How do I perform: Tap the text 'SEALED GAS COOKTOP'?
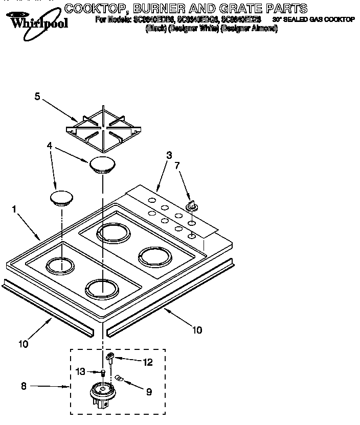point(320,19)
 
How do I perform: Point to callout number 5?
point(37,96)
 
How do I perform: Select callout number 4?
point(49,146)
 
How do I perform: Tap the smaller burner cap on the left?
point(62,198)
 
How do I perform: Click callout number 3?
point(169,155)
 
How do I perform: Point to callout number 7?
point(177,166)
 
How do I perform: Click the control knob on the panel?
point(192,206)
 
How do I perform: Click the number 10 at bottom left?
point(24,344)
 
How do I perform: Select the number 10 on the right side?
point(197,329)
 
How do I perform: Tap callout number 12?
point(148,362)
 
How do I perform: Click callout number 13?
point(80,371)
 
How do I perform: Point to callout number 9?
point(148,392)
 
